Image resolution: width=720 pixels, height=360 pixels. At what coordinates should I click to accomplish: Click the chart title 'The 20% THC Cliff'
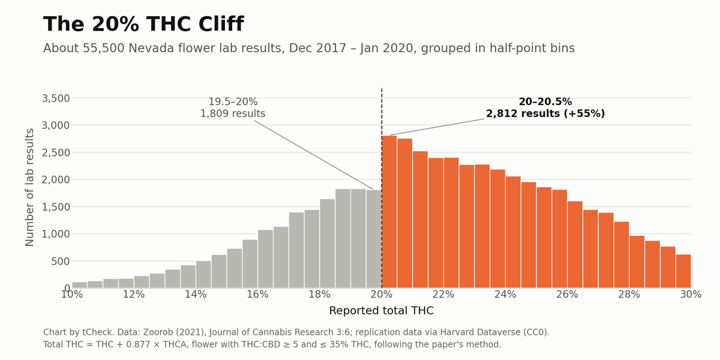coord(143,24)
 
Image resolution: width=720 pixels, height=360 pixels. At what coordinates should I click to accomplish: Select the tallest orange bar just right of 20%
coord(389,211)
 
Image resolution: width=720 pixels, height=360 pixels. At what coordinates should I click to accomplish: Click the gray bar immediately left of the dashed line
coord(374,239)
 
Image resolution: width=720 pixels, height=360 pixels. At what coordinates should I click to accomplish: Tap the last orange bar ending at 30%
coord(683,271)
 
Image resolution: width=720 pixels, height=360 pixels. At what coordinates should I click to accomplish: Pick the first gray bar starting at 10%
coord(80,285)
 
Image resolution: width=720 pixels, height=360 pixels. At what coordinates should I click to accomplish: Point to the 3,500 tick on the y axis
coord(56,98)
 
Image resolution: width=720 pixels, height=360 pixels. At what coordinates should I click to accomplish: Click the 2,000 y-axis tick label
coord(56,179)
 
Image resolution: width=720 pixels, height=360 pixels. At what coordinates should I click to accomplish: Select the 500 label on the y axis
coord(61,262)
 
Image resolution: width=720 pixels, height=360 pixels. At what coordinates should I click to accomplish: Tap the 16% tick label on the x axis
coord(257,294)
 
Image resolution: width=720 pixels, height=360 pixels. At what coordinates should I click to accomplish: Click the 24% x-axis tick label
coord(505,294)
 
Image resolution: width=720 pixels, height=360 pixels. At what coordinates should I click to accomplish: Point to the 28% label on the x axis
coord(629,294)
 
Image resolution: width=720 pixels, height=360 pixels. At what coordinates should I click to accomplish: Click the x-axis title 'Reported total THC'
coord(382,311)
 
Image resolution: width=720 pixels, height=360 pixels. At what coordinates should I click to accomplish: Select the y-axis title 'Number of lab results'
coord(29,187)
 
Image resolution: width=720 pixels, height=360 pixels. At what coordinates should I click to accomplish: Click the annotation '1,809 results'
coord(233,113)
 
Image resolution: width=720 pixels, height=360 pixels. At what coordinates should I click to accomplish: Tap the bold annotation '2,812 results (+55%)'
coord(545,113)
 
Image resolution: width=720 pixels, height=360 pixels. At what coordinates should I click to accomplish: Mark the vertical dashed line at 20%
coord(382,187)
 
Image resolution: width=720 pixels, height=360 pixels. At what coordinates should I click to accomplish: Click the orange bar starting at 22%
coord(451,223)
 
